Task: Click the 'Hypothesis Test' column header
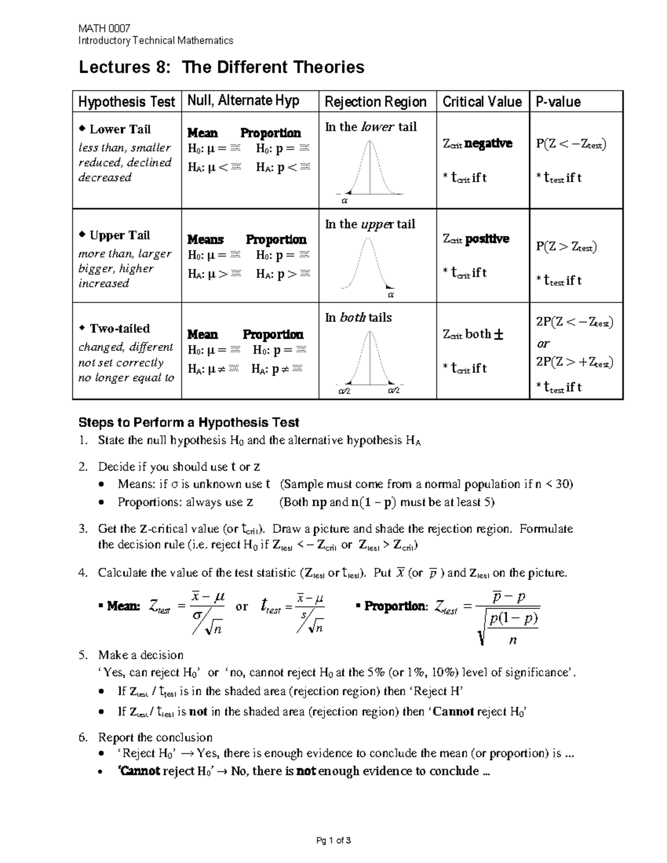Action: (x=127, y=102)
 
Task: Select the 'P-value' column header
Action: (x=558, y=102)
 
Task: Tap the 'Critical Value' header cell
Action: (x=482, y=102)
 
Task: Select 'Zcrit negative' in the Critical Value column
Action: (x=477, y=143)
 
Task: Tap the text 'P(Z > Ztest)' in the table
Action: (x=566, y=247)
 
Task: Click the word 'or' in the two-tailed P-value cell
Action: (x=542, y=343)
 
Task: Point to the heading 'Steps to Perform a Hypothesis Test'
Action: (x=189, y=422)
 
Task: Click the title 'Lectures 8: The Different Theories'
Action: (x=221, y=67)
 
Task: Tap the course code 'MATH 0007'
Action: (x=104, y=28)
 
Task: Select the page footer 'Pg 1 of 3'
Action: (x=333, y=841)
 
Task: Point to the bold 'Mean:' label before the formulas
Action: (x=123, y=606)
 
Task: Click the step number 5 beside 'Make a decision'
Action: (x=83, y=655)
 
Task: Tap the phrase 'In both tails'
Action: (x=358, y=318)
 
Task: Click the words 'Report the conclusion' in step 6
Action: (x=155, y=737)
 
